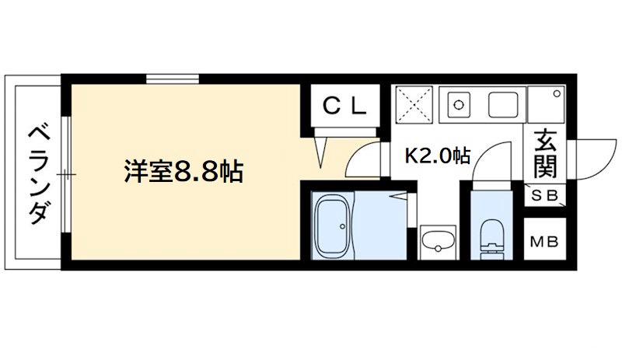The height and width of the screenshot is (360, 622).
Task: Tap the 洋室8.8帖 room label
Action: [x=183, y=170]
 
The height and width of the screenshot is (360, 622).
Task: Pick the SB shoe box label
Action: [x=545, y=196]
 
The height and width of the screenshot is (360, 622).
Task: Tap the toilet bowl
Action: [x=492, y=236]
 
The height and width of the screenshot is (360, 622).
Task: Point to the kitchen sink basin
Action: [x=505, y=103]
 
